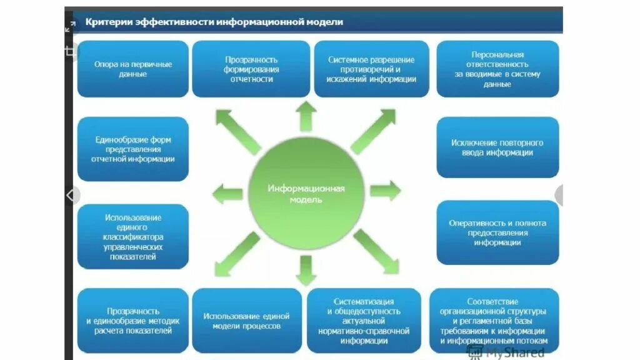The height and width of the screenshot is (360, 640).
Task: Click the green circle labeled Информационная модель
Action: pos(306,193)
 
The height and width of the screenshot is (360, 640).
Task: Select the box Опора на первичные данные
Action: pos(132,69)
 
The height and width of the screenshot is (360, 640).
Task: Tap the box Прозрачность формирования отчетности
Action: pos(251,69)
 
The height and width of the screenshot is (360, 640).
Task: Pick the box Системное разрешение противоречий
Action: pos(371,69)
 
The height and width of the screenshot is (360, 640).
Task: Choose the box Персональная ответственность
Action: pos(497,69)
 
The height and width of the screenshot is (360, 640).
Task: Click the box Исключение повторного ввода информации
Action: pos(497,147)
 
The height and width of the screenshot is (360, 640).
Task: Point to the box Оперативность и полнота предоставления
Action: pos(497,232)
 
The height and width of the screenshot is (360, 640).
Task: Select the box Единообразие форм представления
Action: pos(132,149)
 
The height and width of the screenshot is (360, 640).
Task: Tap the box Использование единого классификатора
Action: pos(132,236)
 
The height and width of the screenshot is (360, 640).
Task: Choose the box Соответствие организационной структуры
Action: pos(494,321)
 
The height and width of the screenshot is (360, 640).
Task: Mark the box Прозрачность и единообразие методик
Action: pos(132,321)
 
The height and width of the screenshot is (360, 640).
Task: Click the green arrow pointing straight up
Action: pos(306,116)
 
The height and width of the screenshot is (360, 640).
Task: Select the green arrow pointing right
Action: pos(385,191)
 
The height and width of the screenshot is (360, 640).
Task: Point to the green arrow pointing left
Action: pos(227,194)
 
